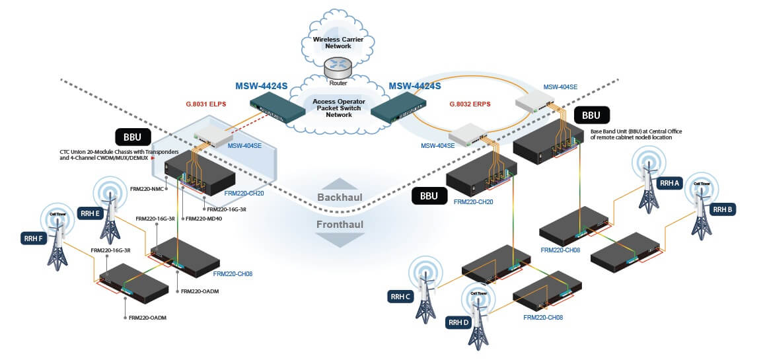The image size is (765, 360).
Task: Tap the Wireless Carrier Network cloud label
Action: click(336, 44)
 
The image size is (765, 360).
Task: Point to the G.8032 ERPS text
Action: click(469, 104)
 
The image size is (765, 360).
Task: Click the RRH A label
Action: click(668, 184)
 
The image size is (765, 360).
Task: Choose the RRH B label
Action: click(723, 209)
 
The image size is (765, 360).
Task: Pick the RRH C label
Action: click(401, 297)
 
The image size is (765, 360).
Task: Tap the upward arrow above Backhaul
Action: click(340, 183)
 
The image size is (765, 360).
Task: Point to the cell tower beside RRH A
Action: click(645, 178)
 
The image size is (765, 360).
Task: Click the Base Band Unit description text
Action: click(636, 134)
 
